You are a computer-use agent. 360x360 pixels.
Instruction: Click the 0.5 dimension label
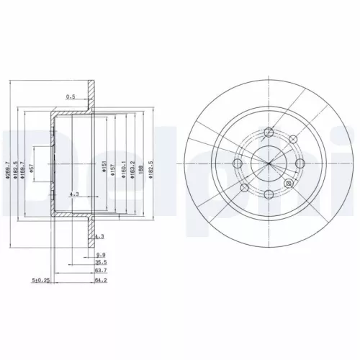[71, 96]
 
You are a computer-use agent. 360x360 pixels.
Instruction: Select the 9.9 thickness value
[102, 255]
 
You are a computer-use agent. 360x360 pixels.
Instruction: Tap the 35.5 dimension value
[102, 264]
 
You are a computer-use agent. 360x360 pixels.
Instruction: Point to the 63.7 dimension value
[102, 272]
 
